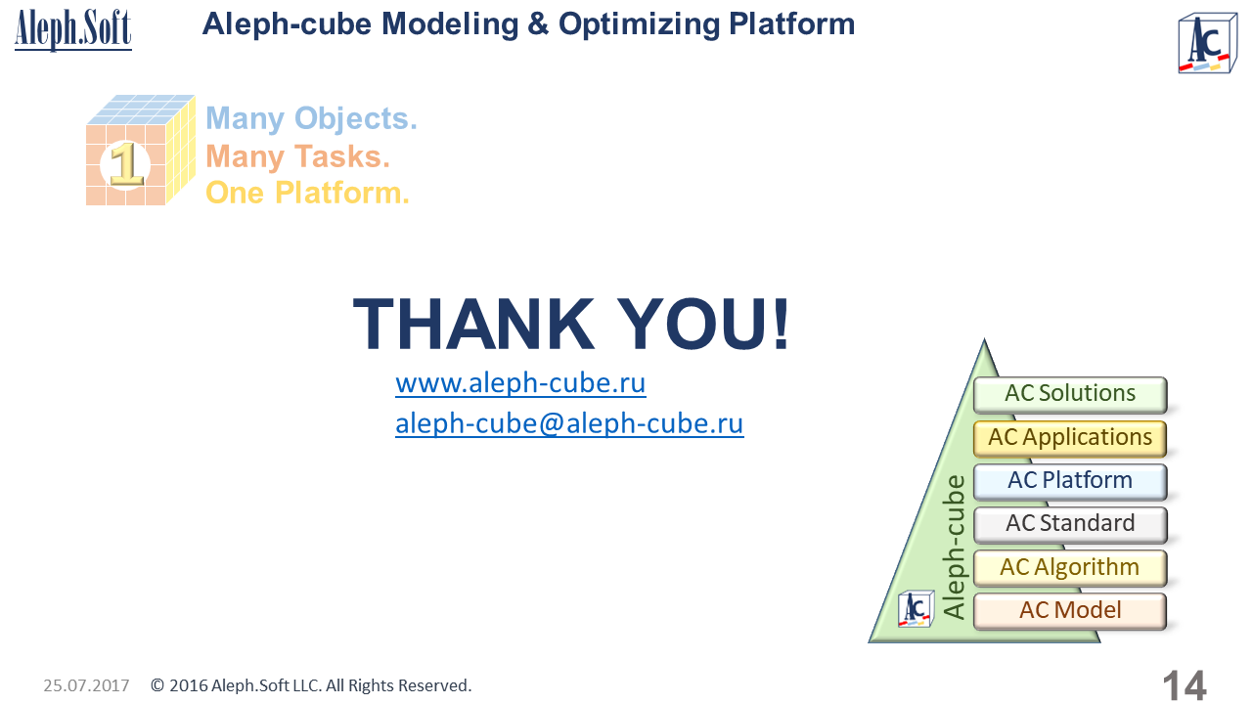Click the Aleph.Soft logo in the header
click(x=73, y=29)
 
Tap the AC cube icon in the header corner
click(x=1207, y=44)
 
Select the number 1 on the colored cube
click(x=126, y=164)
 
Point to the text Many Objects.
click(x=311, y=119)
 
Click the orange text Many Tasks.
click(x=297, y=156)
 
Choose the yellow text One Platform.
click(x=307, y=193)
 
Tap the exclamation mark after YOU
click(x=781, y=324)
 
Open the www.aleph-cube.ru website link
click(x=520, y=384)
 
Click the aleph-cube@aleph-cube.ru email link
click(x=569, y=423)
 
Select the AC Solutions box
click(x=1070, y=394)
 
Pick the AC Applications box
click(x=1070, y=438)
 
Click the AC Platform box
click(x=1070, y=481)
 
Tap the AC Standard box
click(x=1070, y=525)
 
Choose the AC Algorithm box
click(x=1070, y=568)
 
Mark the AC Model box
click(x=1070, y=611)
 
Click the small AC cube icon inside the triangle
click(x=917, y=608)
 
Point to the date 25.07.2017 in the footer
click(x=86, y=685)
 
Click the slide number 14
click(x=1185, y=685)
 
